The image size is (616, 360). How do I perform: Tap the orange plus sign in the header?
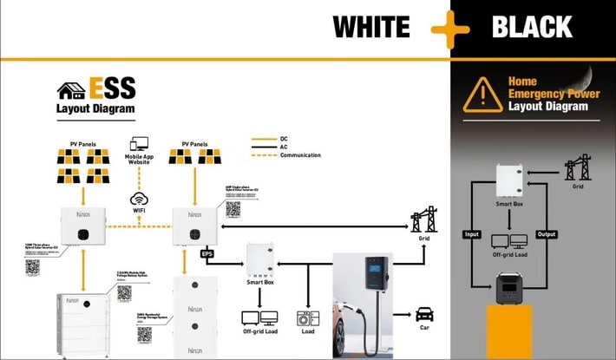pyautogui.click(x=449, y=29)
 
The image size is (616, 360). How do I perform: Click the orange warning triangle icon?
pyautogui.click(x=482, y=95)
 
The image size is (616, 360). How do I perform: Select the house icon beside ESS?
pyautogui.click(x=70, y=90)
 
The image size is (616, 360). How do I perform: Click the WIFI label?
pyautogui.click(x=140, y=210)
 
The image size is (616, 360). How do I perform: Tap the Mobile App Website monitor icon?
pyautogui.click(x=140, y=145)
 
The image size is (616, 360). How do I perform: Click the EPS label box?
pyautogui.click(x=206, y=254)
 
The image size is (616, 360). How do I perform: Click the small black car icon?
pyautogui.click(x=424, y=313)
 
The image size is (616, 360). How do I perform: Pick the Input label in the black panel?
pyautogui.click(x=471, y=235)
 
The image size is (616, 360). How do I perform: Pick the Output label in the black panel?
pyautogui.click(x=547, y=235)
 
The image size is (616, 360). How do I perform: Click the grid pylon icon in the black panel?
pyautogui.click(x=578, y=167)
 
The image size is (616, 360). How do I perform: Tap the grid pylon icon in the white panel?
pyautogui.click(x=424, y=219)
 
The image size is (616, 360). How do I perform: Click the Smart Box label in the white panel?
pyautogui.click(x=261, y=281)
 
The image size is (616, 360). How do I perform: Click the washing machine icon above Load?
pyautogui.click(x=305, y=317)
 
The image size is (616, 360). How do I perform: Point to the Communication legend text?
pyautogui.click(x=300, y=155)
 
